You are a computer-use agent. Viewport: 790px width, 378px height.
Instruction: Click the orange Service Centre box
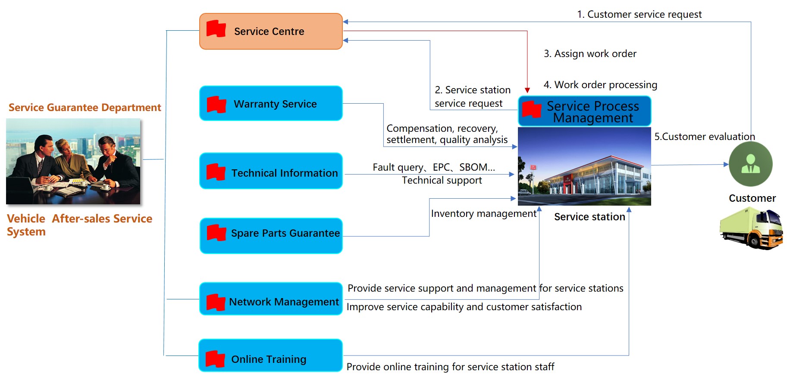pyautogui.click(x=271, y=32)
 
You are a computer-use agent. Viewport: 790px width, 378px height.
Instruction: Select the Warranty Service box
pyautogui.click(x=271, y=104)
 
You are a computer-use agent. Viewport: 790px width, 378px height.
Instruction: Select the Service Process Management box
pyautogui.click(x=584, y=111)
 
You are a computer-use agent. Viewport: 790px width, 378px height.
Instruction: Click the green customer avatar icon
pyautogui.click(x=750, y=164)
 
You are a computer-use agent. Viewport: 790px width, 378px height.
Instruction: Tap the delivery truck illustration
pyautogui.click(x=751, y=228)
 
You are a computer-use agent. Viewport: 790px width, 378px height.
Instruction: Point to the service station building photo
pyautogui.click(x=584, y=166)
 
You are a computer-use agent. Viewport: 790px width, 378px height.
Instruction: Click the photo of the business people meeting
pyautogui.click(x=73, y=161)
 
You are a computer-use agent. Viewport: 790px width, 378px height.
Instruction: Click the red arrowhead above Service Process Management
pyautogui.click(x=527, y=90)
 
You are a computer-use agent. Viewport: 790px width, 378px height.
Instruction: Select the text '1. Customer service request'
pyautogui.click(x=639, y=15)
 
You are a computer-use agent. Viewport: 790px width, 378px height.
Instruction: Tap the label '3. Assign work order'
pyautogui.click(x=590, y=54)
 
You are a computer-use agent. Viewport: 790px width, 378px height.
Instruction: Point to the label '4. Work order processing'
pyautogui.click(x=600, y=85)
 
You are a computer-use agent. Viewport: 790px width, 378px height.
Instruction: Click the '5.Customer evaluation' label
pyautogui.click(x=705, y=137)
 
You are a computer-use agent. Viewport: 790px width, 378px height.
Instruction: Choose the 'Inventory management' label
pyautogui.click(x=483, y=214)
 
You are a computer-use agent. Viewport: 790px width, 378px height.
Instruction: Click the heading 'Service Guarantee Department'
pyautogui.click(x=85, y=108)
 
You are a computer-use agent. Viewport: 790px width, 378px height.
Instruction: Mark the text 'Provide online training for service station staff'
pyautogui.click(x=450, y=367)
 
